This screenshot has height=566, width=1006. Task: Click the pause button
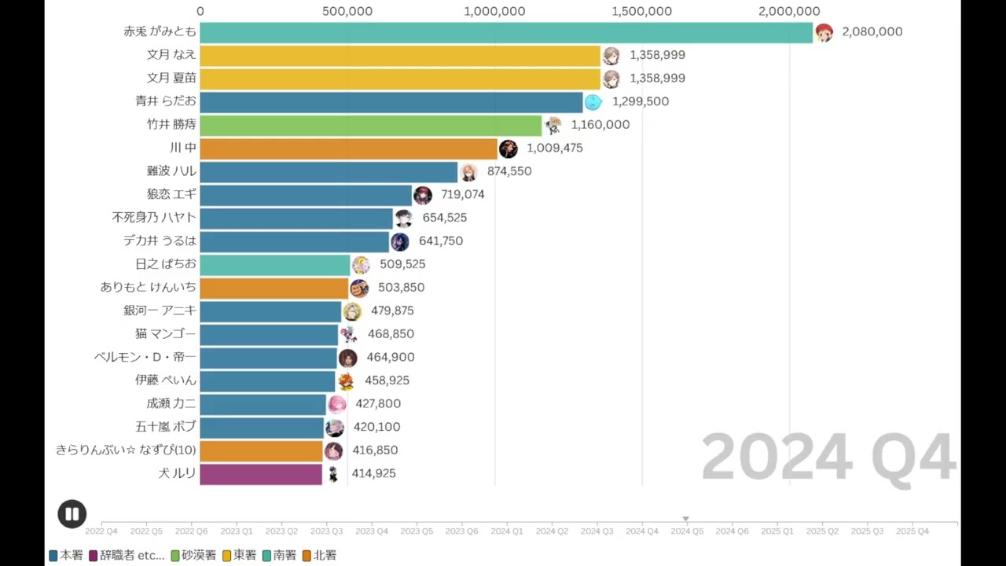pos(72,514)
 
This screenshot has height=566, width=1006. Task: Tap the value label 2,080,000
pos(872,32)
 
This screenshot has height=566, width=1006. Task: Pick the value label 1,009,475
pos(555,148)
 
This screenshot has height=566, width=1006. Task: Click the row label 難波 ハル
pos(171,171)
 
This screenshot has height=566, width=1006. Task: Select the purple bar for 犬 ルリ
pos(261,473)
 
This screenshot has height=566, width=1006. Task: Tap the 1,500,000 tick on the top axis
pos(642,11)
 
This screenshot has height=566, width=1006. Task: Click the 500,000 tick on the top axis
pos(347,11)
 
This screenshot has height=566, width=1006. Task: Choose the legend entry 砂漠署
pos(193,555)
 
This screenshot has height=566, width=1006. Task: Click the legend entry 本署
pos(66,555)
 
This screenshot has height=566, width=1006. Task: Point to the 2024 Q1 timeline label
pos(507,531)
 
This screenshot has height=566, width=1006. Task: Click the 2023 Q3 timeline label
pos(326,531)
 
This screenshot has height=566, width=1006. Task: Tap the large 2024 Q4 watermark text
pos(828,457)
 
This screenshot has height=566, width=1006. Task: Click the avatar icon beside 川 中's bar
pos(509,149)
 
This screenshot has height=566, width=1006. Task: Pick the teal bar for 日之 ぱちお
pos(275,264)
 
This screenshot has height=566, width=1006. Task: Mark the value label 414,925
pos(373,473)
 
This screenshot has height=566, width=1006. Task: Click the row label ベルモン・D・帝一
pos(145,357)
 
